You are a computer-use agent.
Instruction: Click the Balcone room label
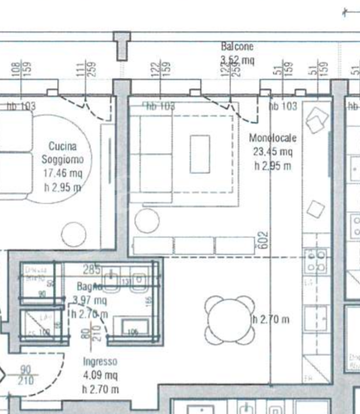click(x=237, y=47)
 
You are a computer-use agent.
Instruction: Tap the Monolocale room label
click(x=273, y=138)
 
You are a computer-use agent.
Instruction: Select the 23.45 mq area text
click(x=273, y=152)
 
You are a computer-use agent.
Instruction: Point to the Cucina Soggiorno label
click(x=62, y=153)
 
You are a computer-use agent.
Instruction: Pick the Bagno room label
click(x=90, y=286)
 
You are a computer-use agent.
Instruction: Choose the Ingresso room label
click(x=100, y=362)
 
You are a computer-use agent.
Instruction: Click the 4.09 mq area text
click(x=100, y=375)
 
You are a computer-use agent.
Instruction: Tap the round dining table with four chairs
click(x=228, y=319)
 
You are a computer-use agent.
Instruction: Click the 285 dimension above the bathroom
click(x=92, y=269)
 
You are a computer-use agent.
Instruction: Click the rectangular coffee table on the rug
click(x=200, y=154)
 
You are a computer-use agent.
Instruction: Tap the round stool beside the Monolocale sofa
click(x=147, y=221)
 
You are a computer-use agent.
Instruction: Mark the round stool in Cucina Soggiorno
click(x=74, y=235)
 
